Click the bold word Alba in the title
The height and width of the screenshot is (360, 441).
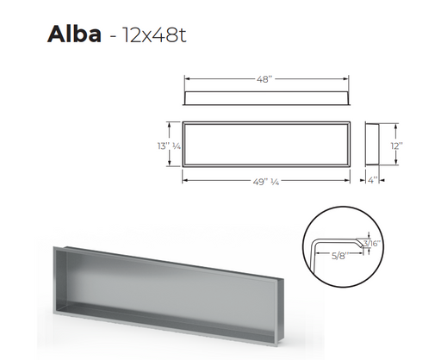[74, 34]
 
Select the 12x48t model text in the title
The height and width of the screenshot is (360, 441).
[154, 35]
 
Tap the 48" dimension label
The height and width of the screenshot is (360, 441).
[264, 79]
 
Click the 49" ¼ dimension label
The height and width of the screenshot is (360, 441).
[266, 182]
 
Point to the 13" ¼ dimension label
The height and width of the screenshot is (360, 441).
[169, 146]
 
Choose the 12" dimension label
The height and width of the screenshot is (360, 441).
[396, 146]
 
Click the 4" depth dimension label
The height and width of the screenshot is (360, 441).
[372, 180]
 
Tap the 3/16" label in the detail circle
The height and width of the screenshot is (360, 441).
[372, 244]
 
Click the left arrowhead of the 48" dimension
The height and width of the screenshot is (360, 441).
[186, 78]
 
